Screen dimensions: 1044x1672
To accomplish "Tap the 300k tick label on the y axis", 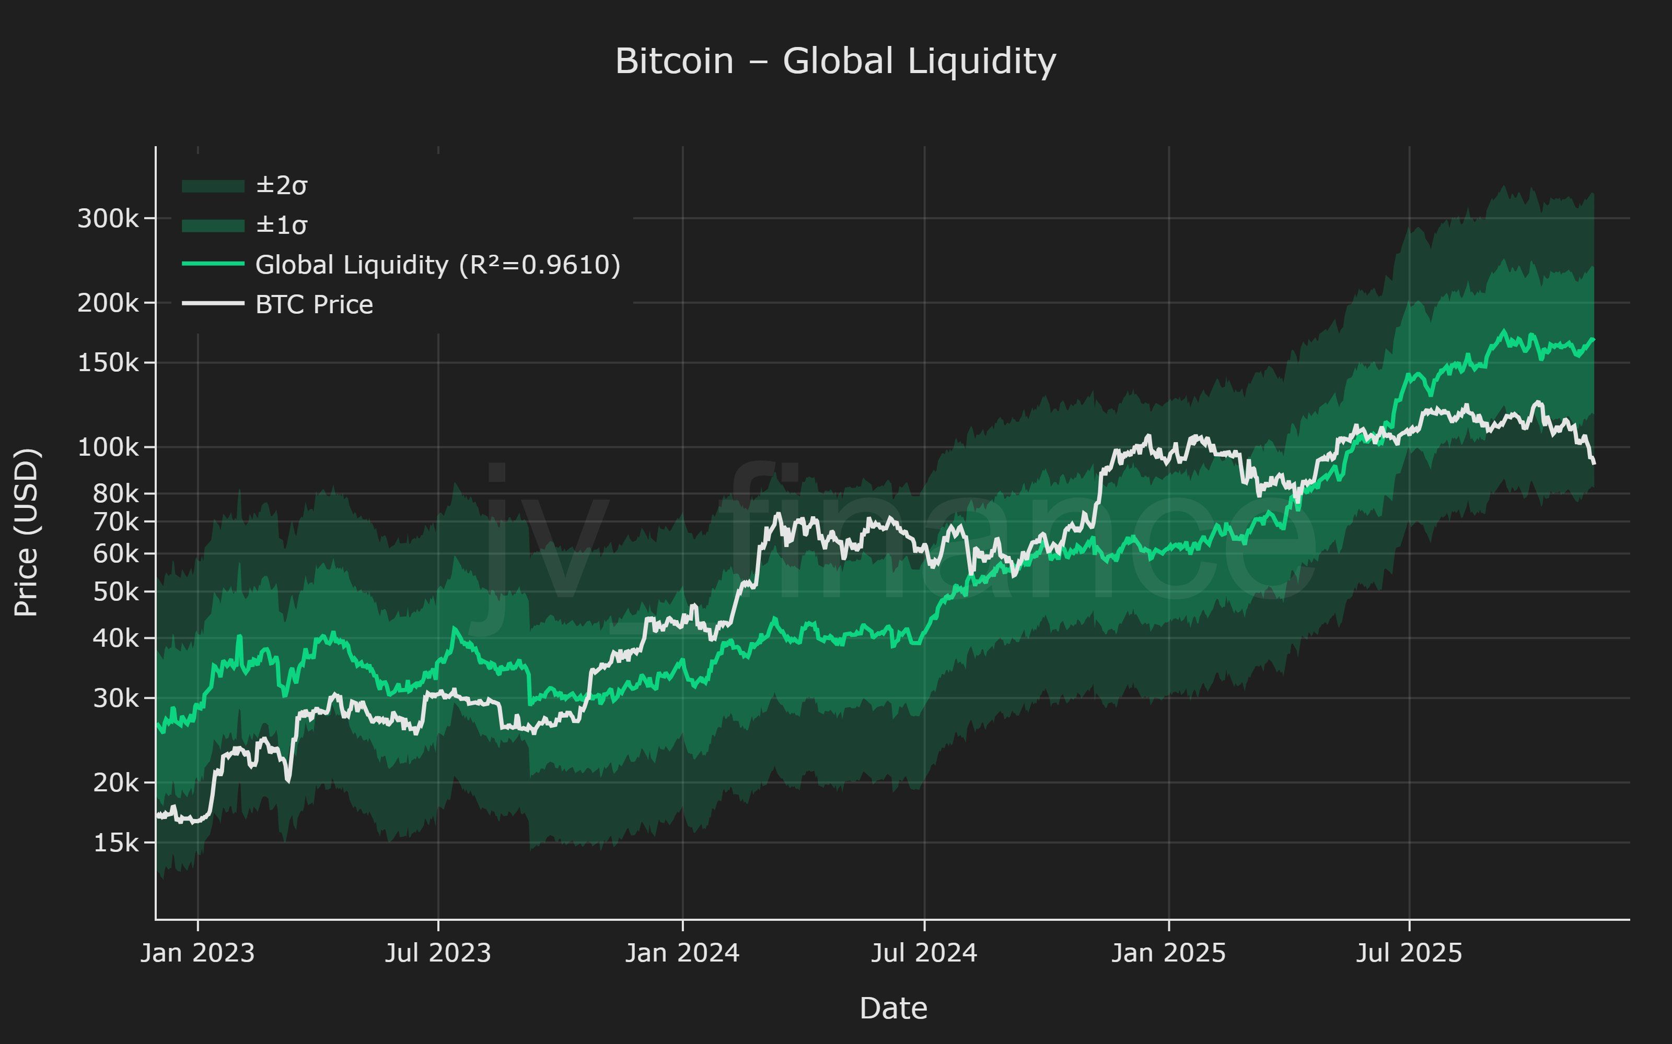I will point(108,219).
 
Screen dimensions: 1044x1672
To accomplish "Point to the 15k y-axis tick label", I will point(115,843).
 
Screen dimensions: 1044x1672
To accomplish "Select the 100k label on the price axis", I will point(108,447).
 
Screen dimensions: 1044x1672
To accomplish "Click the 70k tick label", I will point(115,522).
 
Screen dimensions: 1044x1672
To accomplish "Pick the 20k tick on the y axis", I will point(115,783).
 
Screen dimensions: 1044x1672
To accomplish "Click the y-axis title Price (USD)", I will point(28,532).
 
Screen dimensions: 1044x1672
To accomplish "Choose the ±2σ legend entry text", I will point(281,186).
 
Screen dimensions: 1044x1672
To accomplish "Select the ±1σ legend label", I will point(281,225).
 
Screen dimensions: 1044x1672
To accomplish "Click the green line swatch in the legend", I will point(213,264).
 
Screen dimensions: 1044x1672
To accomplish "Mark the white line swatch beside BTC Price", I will point(213,303).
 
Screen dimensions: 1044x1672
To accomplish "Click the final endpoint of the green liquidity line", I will point(1593,339).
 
